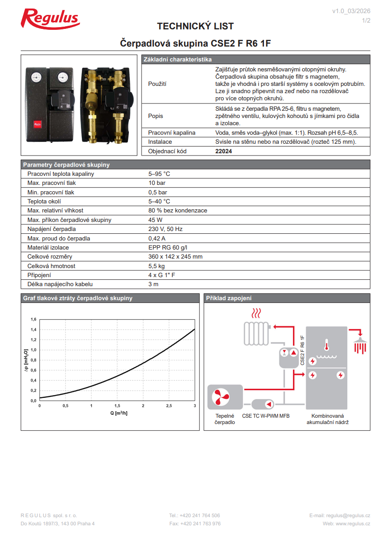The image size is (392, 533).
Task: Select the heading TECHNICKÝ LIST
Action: (x=195, y=26)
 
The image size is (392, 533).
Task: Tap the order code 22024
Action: (x=224, y=151)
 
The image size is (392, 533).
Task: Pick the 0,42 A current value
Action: (x=157, y=238)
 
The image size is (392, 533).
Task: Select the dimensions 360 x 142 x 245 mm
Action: (x=175, y=257)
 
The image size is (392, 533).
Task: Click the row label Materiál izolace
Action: (x=48, y=247)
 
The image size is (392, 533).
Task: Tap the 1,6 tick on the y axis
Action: (x=33, y=319)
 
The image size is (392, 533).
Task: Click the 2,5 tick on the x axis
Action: (x=169, y=406)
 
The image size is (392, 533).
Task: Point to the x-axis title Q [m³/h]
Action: (x=119, y=413)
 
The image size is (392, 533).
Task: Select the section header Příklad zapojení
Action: (x=229, y=298)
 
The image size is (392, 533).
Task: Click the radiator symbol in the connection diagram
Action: (x=256, y=334)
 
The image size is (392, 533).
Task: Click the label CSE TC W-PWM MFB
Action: (x=266, y=415)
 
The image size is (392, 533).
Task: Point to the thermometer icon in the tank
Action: (x=326, y=346)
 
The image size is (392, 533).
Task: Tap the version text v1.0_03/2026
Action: (x=351, y=11)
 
